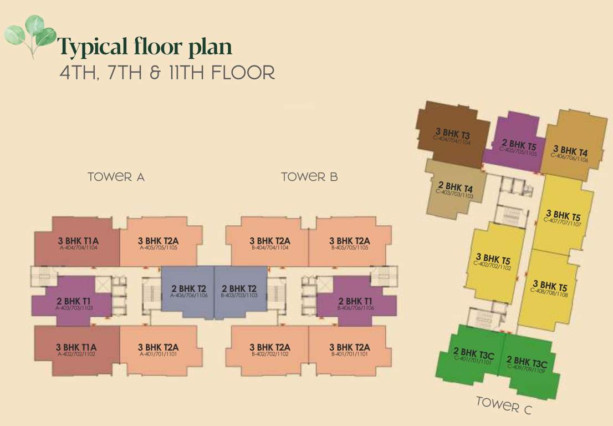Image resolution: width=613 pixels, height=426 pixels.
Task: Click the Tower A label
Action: [x=116, y=177]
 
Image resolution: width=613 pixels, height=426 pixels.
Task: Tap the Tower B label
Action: [x=309, y=177]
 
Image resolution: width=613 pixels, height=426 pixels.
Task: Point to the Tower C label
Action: [x=504, y=405]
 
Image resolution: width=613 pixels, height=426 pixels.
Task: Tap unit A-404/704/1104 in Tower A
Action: [x=78, y=244]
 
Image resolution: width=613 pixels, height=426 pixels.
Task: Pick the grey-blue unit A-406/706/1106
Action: [x=188, y=291]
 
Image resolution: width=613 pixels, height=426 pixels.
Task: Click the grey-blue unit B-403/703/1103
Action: [x=239, y=291]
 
